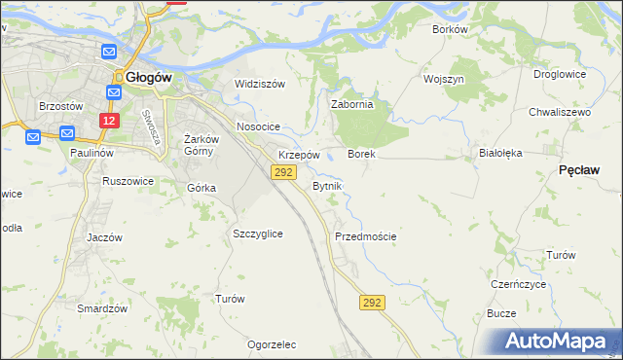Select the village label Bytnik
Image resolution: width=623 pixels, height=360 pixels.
pos(326,185)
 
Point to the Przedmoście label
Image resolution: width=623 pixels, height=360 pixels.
pos(365,236)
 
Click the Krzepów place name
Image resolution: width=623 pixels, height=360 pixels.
pos(299,155)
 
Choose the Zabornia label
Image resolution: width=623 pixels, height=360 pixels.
pos(352,105)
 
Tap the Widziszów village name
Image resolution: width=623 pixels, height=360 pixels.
pos(259,84)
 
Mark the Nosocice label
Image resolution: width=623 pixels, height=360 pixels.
pos(258,127)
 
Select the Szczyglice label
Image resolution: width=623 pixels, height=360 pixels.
pos(258,234)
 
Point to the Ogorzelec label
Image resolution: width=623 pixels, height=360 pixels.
pos(272,344)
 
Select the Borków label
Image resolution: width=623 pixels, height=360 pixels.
pos(450,29)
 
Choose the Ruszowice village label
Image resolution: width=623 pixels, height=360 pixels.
pos(128,180)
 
